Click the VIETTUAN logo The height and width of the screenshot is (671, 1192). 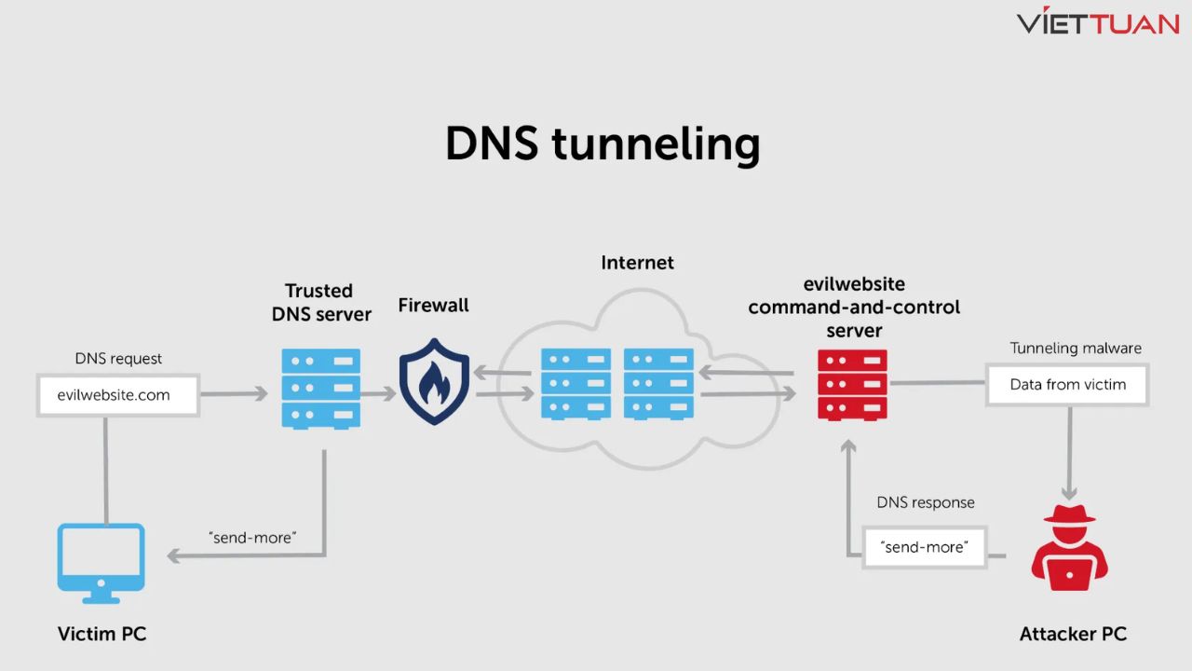(x=1098, y=22)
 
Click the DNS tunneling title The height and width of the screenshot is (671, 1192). (x=603, y=144)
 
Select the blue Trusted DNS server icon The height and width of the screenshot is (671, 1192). (x=320, y=389)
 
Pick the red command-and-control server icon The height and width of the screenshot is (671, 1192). (x=852, y=385)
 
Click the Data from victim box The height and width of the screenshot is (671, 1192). (x=1067, y=385)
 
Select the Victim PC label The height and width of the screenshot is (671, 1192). (x=102, y=635)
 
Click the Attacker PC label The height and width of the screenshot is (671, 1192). (x=1073, y=635)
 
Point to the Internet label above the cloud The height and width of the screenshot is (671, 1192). (x=637, y=263)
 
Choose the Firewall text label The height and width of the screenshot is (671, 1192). (x=433, y=306)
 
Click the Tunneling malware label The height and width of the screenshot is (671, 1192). (x=1076, y=349)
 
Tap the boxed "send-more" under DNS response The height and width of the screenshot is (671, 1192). (x=924, y=547)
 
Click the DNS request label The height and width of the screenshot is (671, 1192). (x=118, y=359)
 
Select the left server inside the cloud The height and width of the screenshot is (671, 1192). (x=576, y=384)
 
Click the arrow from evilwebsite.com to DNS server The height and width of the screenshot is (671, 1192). (x=234, y=394)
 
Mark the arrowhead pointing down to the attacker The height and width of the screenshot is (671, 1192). (x=1069, y=494)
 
